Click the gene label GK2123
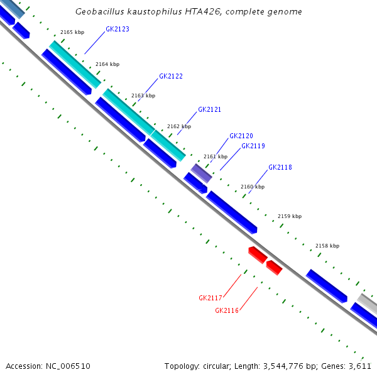pyautogui.click(x=117, y=29)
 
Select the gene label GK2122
pyautogui.click(x=171, y=76)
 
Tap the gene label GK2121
pyautogui.click(x=209, y=109)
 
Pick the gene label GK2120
pyautogui.click(x=241, y=136)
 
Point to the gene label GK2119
pyautogui.click(x=253, y=146)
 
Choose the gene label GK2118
pyautogui.click(x=280, y=168)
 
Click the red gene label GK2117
pyautogui.click(x=210, y=298)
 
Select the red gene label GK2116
pyautogui.click(x=227, y=310)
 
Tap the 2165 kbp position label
pyautogui.click(x=72, y=32)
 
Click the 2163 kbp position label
pyautogui.click(x=143, y=96)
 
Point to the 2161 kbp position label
pyautogui.click(x=215, y=156)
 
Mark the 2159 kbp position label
pyautogui.click(x=289, y=216)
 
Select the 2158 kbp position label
pyautogui.click(x=327, y=246)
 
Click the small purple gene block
pyautogui.click(x=202, y=173)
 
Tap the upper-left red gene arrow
pyautogui.click(x=257, y=254)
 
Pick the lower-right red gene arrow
pyautogui.click(x=274, y=268)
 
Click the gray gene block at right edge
pyautogui.click(x=368, y=303)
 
